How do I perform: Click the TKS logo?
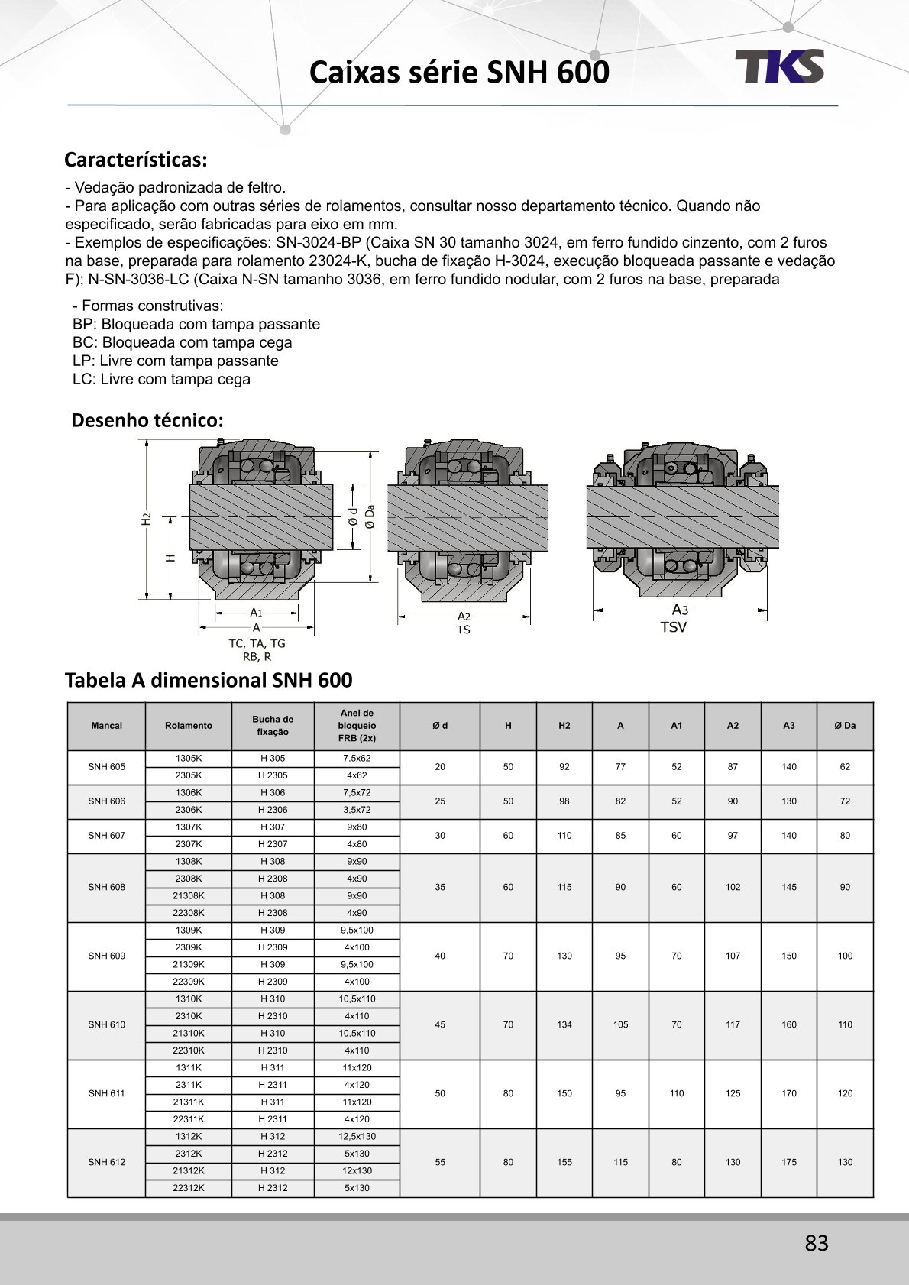click(x=779, y=66)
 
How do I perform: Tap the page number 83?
click(x=816, y=1243)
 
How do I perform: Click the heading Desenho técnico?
click(x=147, y=420)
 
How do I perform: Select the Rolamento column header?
click(x=189, y=726)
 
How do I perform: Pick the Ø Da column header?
click(x=845, y=726)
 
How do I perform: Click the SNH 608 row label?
click(x=106, y=887)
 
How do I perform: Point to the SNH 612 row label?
click(x=106, y=1162)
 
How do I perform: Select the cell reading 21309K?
click(x=189, y=964)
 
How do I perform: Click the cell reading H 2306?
click(x=273, y=810)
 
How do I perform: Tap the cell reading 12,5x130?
click(x=357, y=1136)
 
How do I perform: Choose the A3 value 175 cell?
click(x=789, y=1162)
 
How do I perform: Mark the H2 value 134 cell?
click(x=564, y=1024)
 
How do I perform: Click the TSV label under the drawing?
click(x=673, y=627)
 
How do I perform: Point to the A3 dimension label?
click(x=680, y=610)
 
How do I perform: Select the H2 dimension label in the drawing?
click(x=146, y=519)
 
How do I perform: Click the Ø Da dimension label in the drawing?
click(x=370, y=516)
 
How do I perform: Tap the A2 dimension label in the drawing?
click(x=464, y=616)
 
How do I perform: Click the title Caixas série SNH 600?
click(x=459, y=73)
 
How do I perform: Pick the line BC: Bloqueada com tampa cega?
click(x=182, y=342)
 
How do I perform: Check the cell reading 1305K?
click(x=189, y=759)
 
